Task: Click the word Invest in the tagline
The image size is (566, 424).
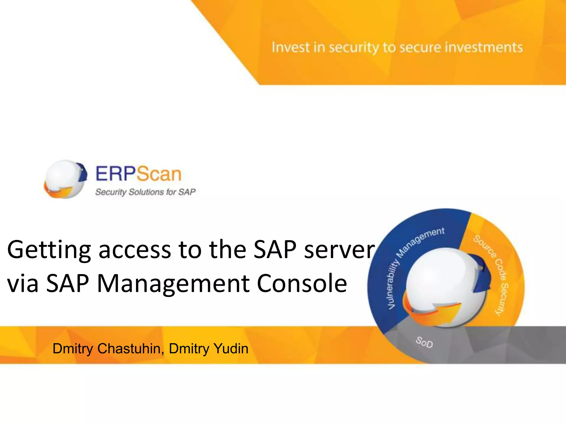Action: pyautogui.click(x=290, y=47)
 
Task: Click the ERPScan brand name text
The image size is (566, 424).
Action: pyautogui.click(x=138, y=174)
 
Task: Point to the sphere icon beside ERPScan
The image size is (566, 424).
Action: pyautogui.click(x=65, y=179)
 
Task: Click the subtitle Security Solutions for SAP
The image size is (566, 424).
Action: pyautogui.click(x=145, y=192)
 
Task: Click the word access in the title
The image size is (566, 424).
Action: pyautogui.click(x=135, y=250)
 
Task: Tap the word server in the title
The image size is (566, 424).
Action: pyautogui.click(x=339, y=250)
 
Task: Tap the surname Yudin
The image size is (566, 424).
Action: pyautogui.click(x=231, y=348)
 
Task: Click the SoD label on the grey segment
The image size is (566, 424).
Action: pyautogui.click(x=424, y=342)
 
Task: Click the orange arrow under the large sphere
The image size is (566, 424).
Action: pyautogui.click(x=431, y=312)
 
